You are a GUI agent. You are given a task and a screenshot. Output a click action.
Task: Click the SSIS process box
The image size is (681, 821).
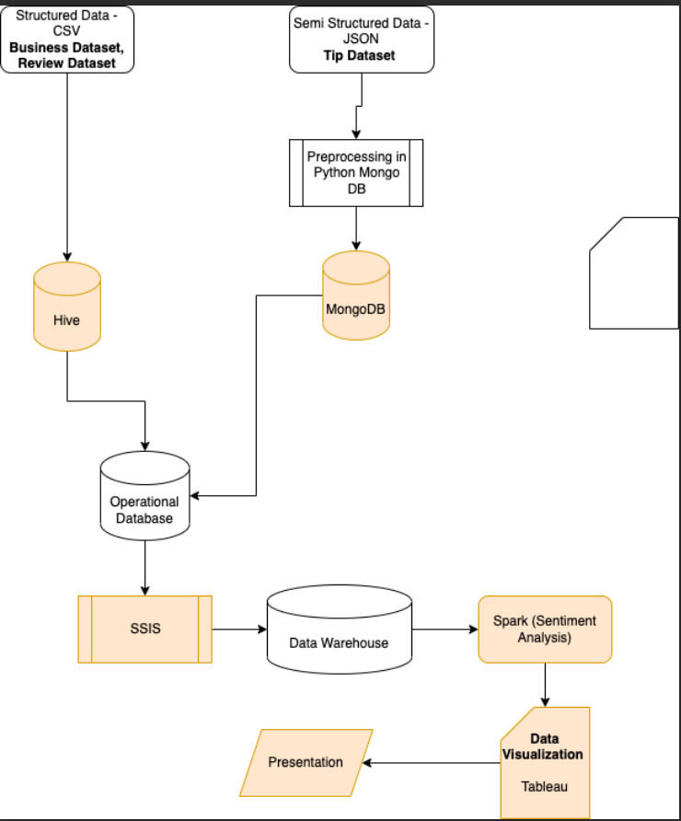click(144, 630)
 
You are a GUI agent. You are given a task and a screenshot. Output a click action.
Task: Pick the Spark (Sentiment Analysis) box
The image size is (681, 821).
click(545, 630)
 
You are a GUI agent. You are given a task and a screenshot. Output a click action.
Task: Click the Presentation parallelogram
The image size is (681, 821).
click(306, 762)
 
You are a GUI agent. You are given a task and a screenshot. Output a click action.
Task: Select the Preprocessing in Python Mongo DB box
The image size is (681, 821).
click(356, 172)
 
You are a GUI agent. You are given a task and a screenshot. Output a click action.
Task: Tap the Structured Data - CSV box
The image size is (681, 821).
click(67, 39)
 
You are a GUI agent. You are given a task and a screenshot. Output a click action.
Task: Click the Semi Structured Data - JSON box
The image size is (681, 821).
click(361, 39)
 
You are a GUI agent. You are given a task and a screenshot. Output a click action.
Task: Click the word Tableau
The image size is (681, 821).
click(545, 787)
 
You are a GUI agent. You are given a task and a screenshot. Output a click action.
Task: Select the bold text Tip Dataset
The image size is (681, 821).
click(359, 55)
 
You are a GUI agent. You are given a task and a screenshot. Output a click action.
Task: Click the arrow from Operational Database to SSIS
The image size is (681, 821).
click(144, 567)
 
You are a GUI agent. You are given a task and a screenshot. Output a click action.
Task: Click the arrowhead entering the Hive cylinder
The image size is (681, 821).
click(67, 256)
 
